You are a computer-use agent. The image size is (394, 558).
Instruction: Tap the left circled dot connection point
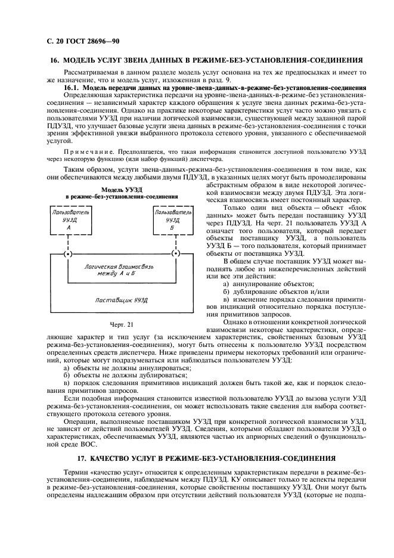69,254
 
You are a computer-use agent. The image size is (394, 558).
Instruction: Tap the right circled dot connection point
175,254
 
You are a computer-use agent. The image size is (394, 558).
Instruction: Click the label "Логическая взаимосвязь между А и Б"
121,269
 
